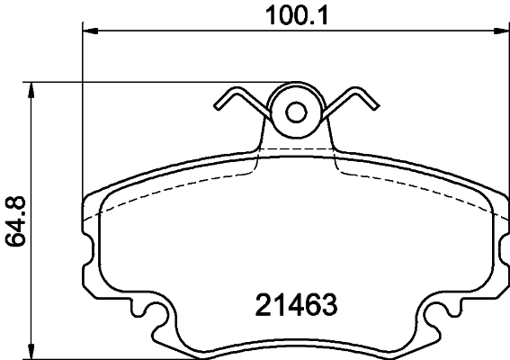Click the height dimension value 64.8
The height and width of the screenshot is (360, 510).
(15, 219)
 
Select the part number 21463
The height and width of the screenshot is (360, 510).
(291, 304)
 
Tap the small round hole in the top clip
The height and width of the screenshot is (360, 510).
(296, 112)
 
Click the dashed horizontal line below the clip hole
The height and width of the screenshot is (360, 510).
(296, 148)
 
